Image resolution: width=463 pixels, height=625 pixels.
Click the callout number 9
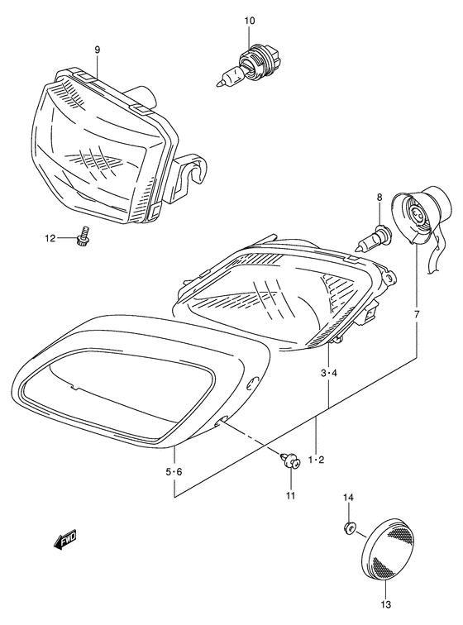click(x=98, y=50)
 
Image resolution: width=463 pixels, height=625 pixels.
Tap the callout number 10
click(x=249, y=19)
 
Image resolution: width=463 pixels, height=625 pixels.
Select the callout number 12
click(x=50, y=238)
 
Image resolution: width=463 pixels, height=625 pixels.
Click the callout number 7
click(x=417, y=315)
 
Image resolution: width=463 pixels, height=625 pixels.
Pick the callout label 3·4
click(x=330, y=374)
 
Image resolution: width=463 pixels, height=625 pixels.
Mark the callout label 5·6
click(x=174, y=471)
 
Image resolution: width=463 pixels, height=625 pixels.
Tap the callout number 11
click(x=290, y=495)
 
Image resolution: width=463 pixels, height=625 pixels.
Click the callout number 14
click(x=348, y=497)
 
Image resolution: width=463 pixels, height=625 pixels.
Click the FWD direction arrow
click(x=65, y=540)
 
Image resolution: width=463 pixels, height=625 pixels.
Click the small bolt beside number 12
click(x=83, y=237)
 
